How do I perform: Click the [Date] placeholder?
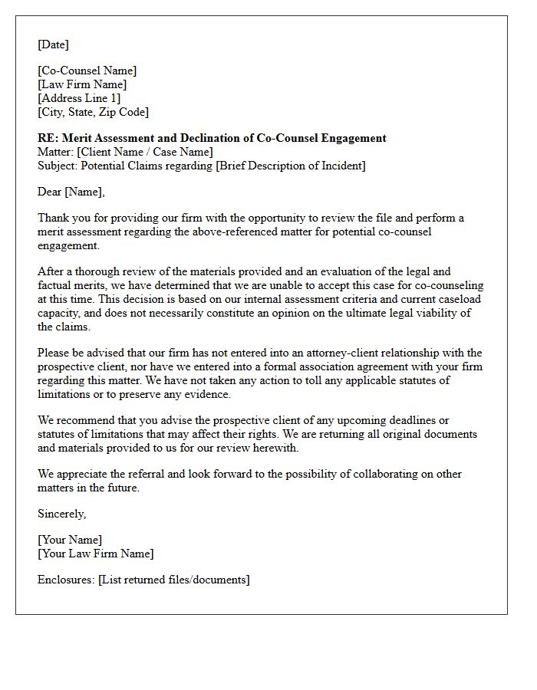pos(53,44)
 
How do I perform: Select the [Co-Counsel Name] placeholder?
pos(87,71)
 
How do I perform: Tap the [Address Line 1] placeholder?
pos(79,98)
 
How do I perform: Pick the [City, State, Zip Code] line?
pos(93,112)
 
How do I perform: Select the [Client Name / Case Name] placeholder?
pos(145,152)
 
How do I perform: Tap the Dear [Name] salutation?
pos(71,192)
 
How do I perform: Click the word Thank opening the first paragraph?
pos(53,218)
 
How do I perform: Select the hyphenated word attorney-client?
pos(364,353)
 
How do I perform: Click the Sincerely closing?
pos(62,514)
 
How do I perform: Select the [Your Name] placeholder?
pos(70,540)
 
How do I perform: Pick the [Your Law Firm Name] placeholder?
pos(96,554)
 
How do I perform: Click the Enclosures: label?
pos(66,580)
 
